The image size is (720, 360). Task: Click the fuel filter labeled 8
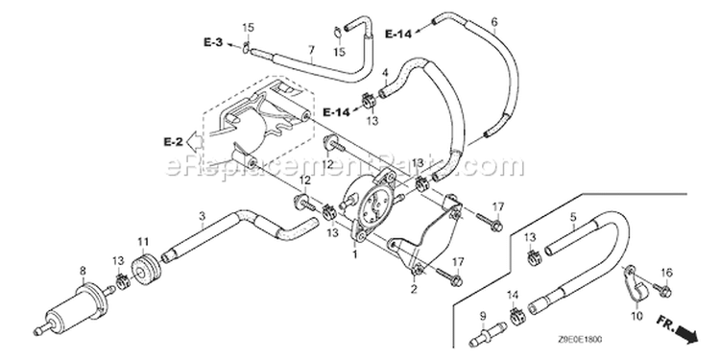coord(74,307)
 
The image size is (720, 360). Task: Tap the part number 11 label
coord(144,241)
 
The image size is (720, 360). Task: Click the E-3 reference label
coord(213,42)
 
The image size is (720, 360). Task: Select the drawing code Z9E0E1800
coord(580,340)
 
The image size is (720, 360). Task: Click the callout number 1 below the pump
coord(354,254)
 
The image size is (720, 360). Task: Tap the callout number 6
coord(494,21)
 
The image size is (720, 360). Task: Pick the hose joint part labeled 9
coord(488,335)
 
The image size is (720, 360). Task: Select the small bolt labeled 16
coord(662,290)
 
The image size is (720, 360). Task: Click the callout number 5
coord(573,216)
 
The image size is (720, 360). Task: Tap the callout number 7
coord(311,49)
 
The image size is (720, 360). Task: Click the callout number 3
coord(202,215)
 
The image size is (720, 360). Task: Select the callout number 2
coord(414,289)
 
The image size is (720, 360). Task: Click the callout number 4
coord(385,73)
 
